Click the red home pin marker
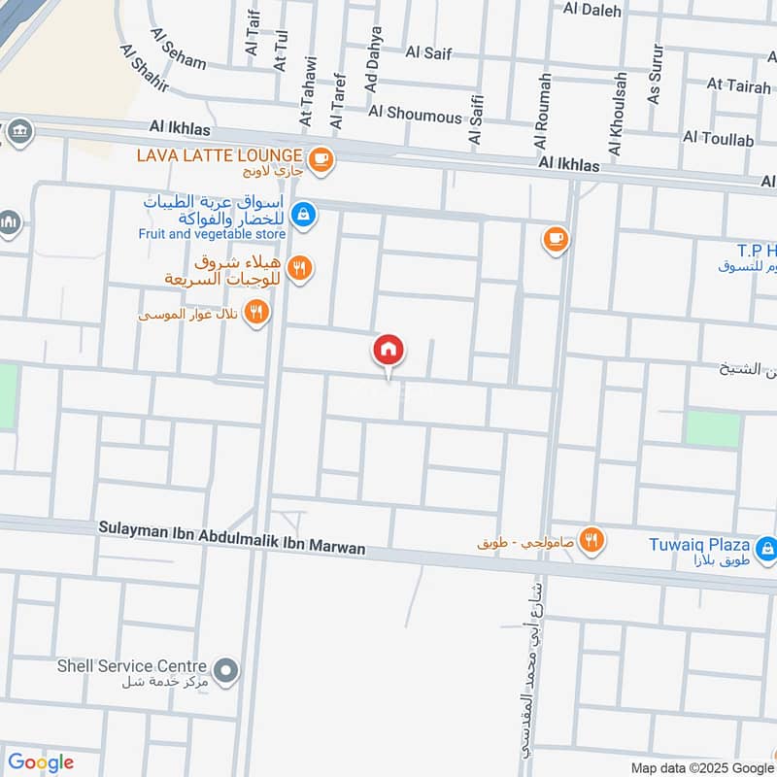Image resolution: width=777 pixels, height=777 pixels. (x=388, y=350)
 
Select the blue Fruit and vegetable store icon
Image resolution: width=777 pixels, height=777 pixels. (x=303, y=214)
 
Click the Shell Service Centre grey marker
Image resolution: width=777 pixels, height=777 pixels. (x=226, y=670)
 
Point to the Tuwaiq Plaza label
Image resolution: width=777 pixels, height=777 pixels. (x=699, y=544)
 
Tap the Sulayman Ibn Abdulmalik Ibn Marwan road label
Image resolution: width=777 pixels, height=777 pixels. (x=232, y=536)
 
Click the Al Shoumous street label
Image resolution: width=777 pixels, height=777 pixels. (x=416, y=115)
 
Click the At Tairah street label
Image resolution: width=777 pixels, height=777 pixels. (x=740, y=84)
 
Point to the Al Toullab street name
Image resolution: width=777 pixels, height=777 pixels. (x=719, y=139)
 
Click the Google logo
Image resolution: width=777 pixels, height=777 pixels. (x=40, y=761)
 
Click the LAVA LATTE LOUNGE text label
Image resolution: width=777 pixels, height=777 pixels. (x=220, y=155)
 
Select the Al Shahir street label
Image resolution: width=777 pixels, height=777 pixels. (x=145, y=67)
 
